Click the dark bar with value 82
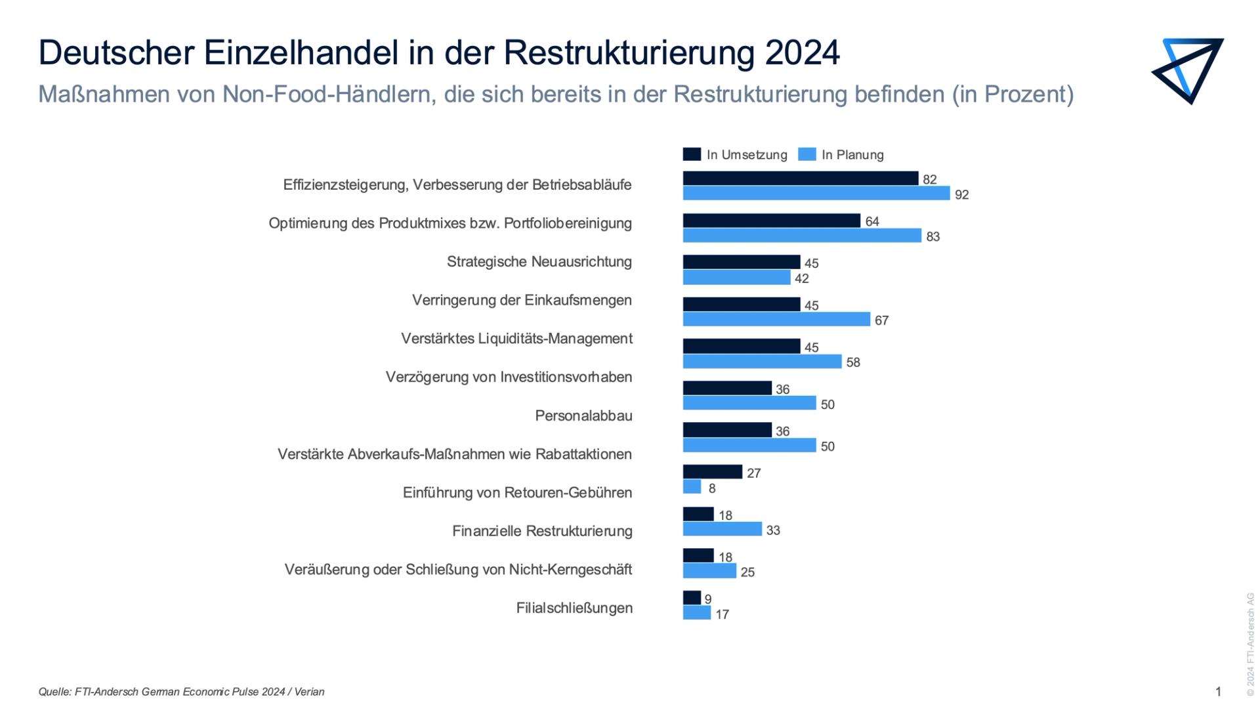[x=801, y=178]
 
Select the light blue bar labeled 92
[x=816, y=193]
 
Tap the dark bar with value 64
[x=771, y=221]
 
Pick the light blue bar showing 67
[x=776, y=319]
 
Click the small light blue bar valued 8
[x=692, y=487]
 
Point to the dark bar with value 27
[x=712, y=472]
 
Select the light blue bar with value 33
[x=722, y=529]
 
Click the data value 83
[x=933, y=236]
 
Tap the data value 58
[x=852, y=362]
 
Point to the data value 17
[x=722, y=614]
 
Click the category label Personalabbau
[x=583, y=416]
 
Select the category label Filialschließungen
[x=574, y=608]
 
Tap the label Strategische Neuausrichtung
[x=539, y=261]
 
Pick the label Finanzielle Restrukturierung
[x=542, y=530]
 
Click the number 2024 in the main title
[x=802, y=53]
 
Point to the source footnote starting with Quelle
[x=181, y=691]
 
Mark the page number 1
[x=1218, y=691]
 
